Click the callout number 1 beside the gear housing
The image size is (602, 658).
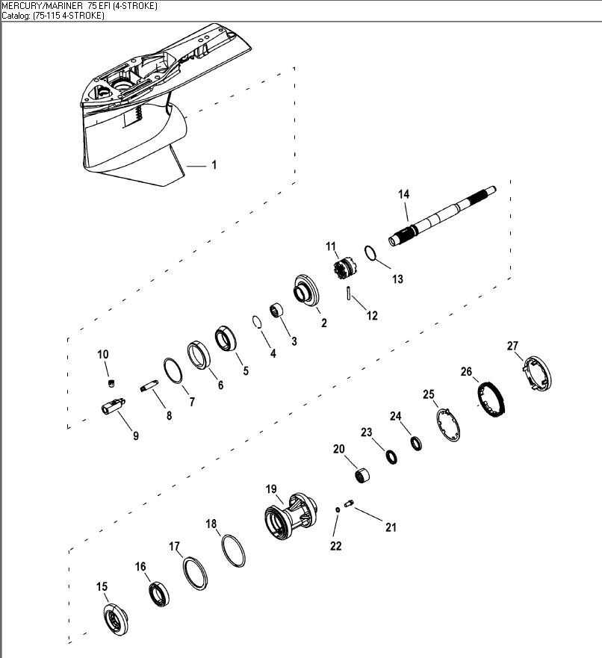pos(214,165)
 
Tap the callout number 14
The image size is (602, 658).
pos(403,194)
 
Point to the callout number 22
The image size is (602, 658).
pos(336,546)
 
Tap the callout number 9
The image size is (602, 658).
pos(135,435)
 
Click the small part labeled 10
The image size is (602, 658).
pos(111,384)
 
